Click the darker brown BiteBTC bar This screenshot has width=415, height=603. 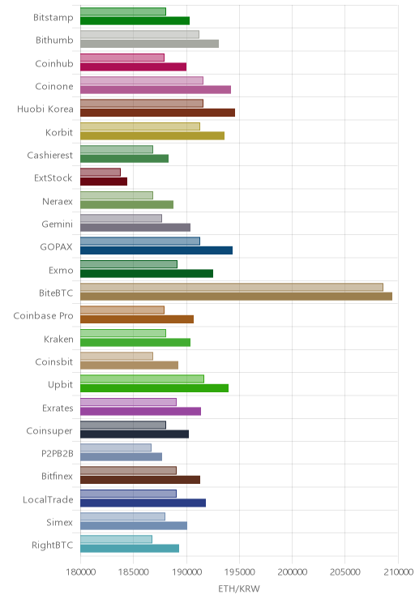[x=236, y=296]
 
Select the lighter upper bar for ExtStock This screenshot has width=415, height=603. [x=101, y=173]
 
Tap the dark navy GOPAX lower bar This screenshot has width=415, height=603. [x=156, y=250]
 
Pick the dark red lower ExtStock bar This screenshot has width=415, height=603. [x=104, y=182]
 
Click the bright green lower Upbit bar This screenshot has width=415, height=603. [x=154, y=388]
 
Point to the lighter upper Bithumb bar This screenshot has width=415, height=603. [x=139, y=34]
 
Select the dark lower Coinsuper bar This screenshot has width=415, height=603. [x=135, y=434]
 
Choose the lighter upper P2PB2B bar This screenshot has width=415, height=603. [x=116, y=447]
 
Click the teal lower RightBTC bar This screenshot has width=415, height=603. [x=130, y=549]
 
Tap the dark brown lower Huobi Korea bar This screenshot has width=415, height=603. [x=158, y=113]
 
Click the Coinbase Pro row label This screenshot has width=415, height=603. [x=43, y=316]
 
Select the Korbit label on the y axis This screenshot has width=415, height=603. [x=59, y=132]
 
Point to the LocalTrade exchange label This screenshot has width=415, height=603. [x=48, y=499]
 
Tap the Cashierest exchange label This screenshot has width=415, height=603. [x=49, y=155]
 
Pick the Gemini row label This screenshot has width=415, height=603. [x=57, y=224]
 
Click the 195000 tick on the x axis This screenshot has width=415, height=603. [x=239, y=572]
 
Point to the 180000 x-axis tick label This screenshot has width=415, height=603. [x=81, y=572]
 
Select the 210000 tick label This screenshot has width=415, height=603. [x=398, y=572]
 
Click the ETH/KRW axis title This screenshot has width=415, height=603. [x=239, y=588]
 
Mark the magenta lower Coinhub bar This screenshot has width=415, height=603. [x=134, y=67]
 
